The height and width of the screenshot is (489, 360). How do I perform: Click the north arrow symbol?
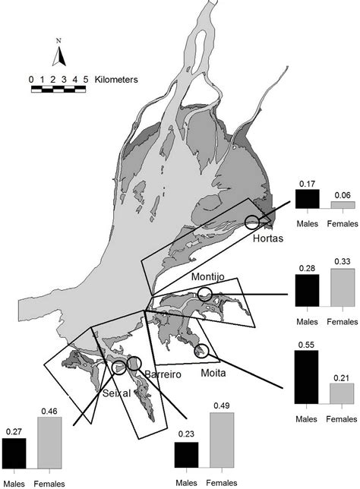(62, 55)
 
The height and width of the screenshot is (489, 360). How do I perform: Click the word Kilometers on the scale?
(113, 79)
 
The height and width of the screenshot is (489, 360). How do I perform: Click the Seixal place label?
(116, 393)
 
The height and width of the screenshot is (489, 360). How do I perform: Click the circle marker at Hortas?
(253, 222)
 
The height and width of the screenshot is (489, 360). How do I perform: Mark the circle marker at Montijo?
(204, 293)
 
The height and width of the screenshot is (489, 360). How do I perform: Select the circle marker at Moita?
(202, 350)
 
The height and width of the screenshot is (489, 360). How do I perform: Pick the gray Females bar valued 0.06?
(340, 204)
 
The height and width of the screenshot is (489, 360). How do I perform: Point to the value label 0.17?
(308, 184)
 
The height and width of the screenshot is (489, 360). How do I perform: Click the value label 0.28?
(308, 269)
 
